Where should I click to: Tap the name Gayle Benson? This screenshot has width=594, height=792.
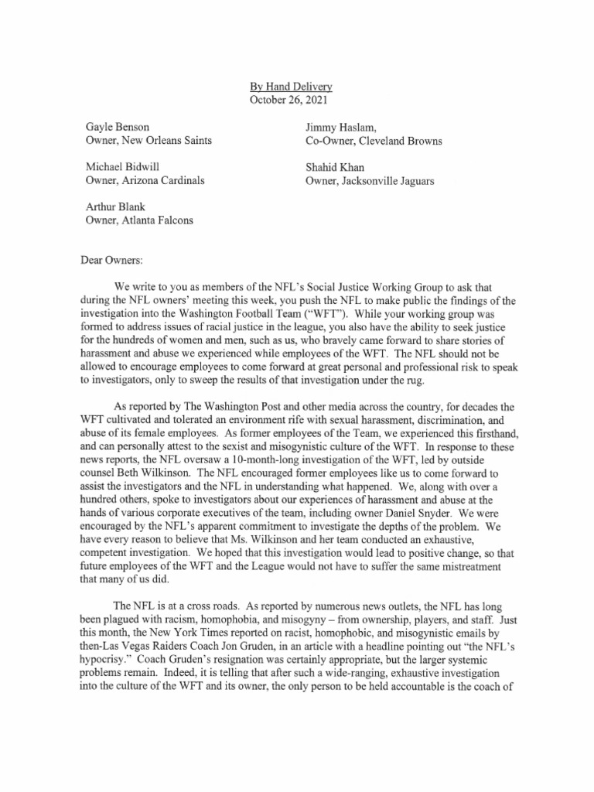point(118,127)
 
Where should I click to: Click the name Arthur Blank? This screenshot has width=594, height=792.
point(115,207)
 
